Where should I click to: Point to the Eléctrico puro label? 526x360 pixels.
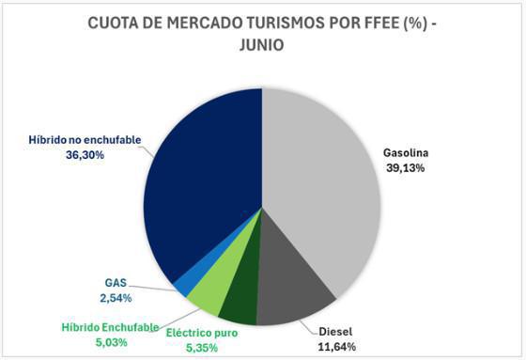pos(202,332)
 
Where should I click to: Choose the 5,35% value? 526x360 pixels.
pos(202,347)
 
